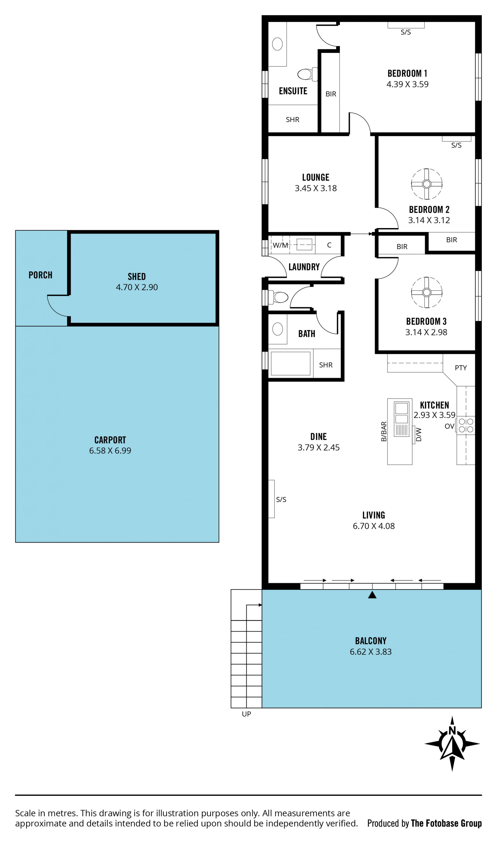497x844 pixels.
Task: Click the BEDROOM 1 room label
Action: [407, 73]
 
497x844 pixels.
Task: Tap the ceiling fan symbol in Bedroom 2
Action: [427, 184]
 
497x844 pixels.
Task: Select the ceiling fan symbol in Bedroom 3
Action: [427, 292]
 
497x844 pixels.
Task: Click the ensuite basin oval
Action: [277, 44]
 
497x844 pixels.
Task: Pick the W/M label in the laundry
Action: [280, 245]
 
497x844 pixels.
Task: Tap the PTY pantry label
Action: [461, 368]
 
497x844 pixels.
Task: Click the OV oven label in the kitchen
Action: [449, 426]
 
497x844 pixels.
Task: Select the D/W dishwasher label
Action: [419, 434]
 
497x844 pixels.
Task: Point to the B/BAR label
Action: [384, 431]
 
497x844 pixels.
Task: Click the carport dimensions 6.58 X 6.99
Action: [110, 450]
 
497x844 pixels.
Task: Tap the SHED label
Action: [137, 277]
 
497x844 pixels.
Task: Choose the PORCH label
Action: [41, 275]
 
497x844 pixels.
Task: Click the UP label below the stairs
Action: [246, 714]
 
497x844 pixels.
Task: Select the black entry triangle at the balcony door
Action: [372, 594]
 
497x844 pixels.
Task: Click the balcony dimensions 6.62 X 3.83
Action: [371, 651]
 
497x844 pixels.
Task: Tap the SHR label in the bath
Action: [326, 365]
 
